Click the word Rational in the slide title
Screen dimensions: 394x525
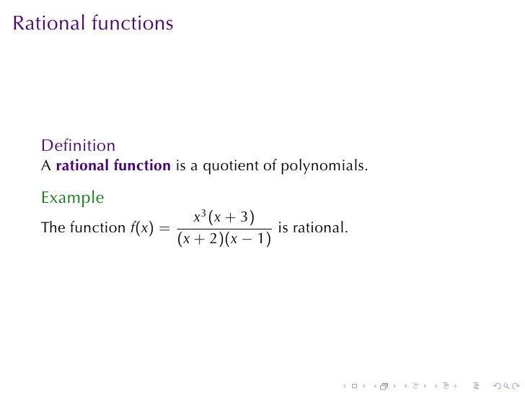[x=49, y=23]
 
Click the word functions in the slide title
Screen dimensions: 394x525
[x=133, y=23]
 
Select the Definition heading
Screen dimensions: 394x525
[x=78, y=146]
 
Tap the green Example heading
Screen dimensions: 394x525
[x=72, y=197]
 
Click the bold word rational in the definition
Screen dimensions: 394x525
[x=82, y=165]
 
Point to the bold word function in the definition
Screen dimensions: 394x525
[x=141, y=165]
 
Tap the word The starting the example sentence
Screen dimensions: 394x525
[x=53, y=228]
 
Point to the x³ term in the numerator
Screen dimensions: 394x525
[x=199, y=216]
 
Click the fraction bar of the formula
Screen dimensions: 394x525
[x=224, y=229]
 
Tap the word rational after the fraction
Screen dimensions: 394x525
[x=324, y=228]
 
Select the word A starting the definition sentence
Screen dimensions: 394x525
[x=45, y=165]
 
